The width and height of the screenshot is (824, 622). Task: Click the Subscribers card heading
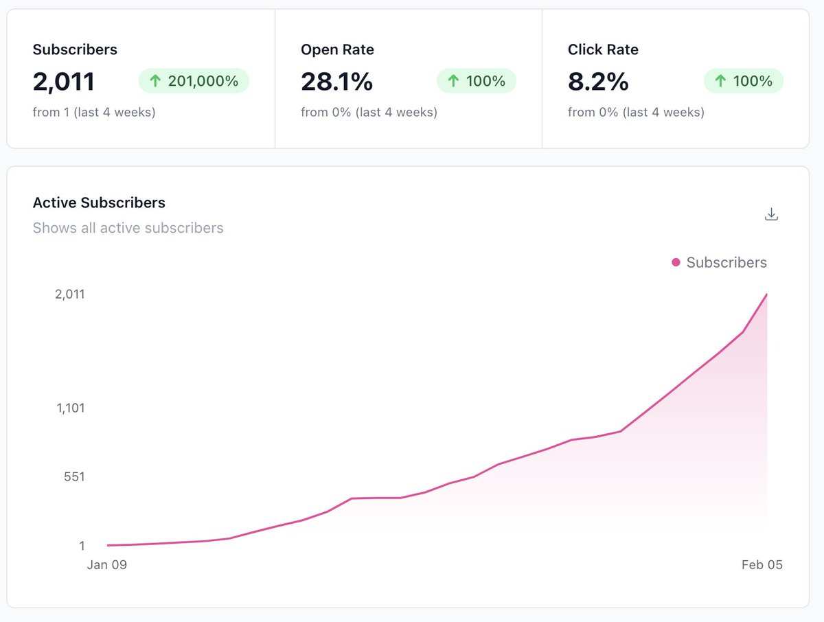[75, 49]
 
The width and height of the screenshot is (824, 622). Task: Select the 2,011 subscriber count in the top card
[63, 82]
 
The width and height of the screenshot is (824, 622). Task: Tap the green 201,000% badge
[194, 81]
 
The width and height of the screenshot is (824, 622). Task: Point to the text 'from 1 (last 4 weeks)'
[94, 112]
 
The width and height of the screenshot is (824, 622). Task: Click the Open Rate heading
[337, 49]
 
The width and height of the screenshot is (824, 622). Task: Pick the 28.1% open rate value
[336, 82]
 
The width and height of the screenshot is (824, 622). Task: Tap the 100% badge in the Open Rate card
[477, 81]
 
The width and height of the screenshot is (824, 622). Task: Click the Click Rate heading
[603, 49]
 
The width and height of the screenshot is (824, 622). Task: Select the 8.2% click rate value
[598, 82]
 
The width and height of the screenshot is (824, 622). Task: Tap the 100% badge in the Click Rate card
[744, 81]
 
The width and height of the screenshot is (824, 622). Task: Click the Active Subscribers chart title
[99, 203]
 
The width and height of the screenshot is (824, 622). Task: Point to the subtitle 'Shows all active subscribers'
[128, 228]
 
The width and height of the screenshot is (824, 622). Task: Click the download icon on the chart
[771, 214]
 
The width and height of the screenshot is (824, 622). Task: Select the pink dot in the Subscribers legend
[676, 262]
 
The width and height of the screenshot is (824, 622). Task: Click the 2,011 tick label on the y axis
[69, 294]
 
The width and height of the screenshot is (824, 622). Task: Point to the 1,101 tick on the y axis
[69, 408]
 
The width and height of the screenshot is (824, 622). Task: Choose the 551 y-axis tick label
[73, 476]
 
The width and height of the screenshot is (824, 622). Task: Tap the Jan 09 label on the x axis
[106, 565]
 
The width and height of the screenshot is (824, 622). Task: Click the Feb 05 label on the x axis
[762, 565]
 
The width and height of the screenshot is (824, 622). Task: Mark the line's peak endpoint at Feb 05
[766, 295]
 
